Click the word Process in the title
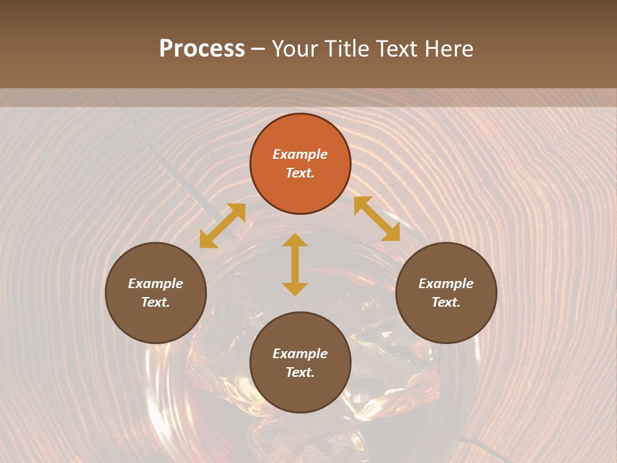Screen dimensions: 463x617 [202, 49]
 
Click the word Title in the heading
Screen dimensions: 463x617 [344, 49]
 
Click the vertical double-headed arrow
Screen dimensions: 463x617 [295, 264]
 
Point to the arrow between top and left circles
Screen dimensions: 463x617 [222, 226]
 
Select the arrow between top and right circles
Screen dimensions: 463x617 [377, 219]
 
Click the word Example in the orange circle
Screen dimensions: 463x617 [300, 154]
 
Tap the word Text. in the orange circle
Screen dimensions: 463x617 [300, 173]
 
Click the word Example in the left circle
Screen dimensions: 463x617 [156, 284]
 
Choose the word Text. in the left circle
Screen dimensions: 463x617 [156, 302]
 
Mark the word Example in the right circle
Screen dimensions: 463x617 [446, 284]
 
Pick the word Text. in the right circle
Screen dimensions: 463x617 [446, 302]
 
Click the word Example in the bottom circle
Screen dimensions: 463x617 [300, 354]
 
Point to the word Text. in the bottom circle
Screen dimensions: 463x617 [300, 372]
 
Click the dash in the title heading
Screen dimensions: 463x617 [258, 50]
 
